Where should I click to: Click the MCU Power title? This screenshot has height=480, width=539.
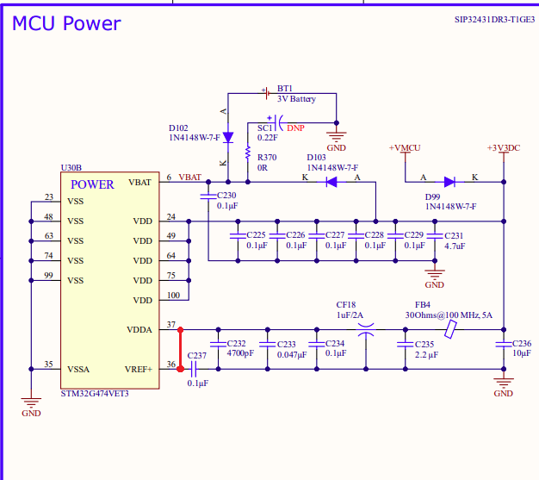click(66, 23)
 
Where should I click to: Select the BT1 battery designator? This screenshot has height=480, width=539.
click(285, 89)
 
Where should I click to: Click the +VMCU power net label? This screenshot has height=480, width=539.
click(405, 148)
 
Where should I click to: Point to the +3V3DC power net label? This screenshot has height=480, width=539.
click(504, 148)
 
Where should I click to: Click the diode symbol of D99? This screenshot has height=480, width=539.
click(449, 182)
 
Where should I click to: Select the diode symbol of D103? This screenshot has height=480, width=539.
click(331, 182)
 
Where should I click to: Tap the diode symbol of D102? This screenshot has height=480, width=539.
click(227, 137)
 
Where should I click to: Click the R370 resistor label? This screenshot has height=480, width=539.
click(267, 157)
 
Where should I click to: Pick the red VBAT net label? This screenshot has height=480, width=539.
click(190, 178)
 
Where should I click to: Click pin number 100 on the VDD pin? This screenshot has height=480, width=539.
click(173, 296)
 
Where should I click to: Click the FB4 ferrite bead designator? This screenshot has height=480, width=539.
click(422, 305)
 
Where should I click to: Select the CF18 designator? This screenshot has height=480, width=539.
click(345, 304)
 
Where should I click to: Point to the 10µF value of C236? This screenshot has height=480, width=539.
click(522, 354)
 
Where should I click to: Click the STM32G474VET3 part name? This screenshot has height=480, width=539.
click(95, 393)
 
